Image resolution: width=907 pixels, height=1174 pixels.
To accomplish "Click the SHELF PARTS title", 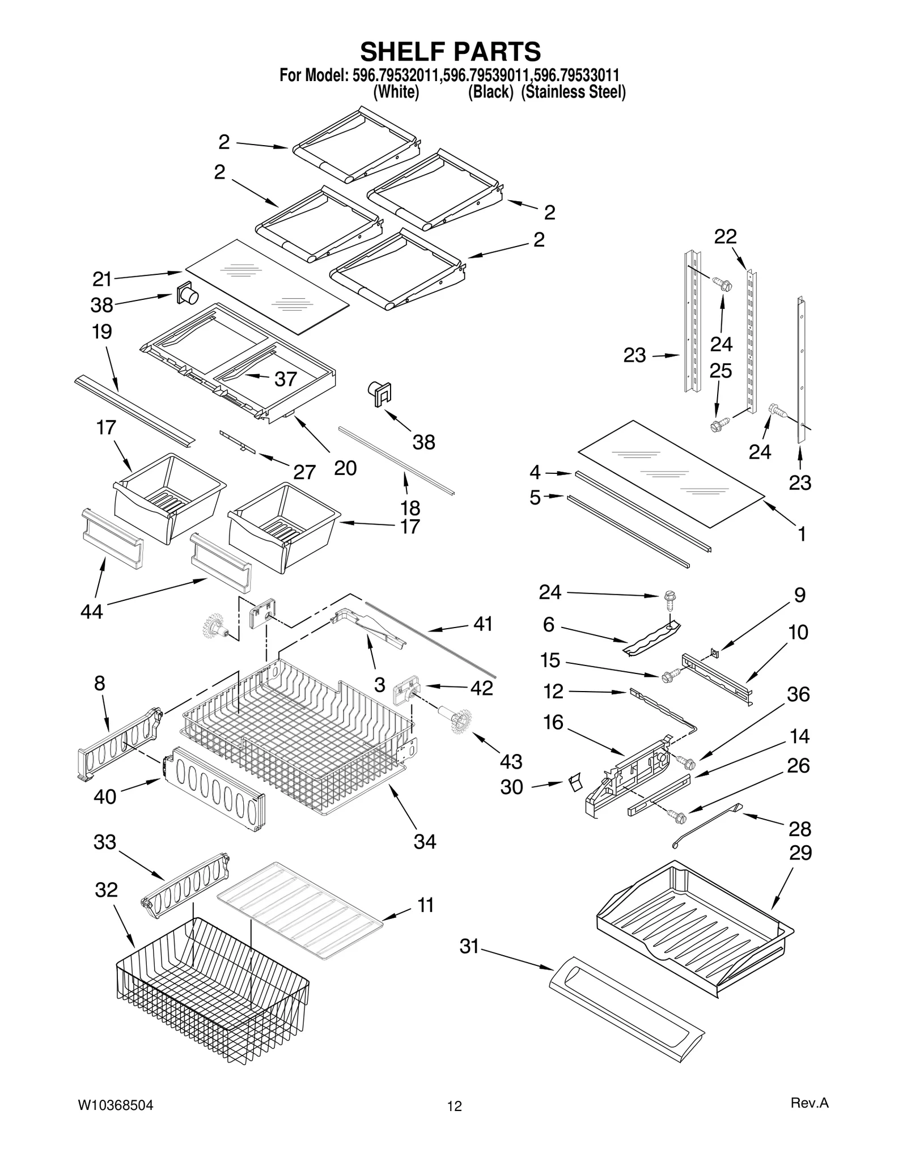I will pyautogui.click(x=451, y=52).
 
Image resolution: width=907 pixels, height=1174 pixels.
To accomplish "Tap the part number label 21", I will pyautogui.click(x=103, y=279).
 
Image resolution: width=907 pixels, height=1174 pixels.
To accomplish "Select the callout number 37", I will pyautogui.click(x=286, y=379).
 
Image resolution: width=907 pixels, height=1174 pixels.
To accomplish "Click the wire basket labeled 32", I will pyautogui.click(x=213, y=995).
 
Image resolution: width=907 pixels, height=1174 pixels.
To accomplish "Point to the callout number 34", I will pyautogui.click(x=425, y=841).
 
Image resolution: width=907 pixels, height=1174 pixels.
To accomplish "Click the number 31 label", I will pyautogui.click(x=469, y=946).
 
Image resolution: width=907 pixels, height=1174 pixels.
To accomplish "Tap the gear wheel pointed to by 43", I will pyautogui.click(x=461, y=722).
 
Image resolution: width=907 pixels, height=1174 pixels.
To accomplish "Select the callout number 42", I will pyautogui.click(x=481, y=688).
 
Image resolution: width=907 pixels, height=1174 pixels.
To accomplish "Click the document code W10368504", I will pyautogui.click(x=115, y=1105).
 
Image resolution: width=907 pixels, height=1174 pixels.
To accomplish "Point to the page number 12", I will pyautogui.click(x=454, y=1106).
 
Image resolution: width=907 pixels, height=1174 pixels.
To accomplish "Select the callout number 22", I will pyautogui.click(x=725, y=237).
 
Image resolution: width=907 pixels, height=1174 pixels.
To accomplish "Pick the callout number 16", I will pyautogui.click(x=553, y=722).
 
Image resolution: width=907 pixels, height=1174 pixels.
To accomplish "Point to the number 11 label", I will pyautogui.click(x=426, y=905).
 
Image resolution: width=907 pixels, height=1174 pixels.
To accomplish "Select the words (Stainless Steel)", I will pyautogui.click(x=573, y=92).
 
